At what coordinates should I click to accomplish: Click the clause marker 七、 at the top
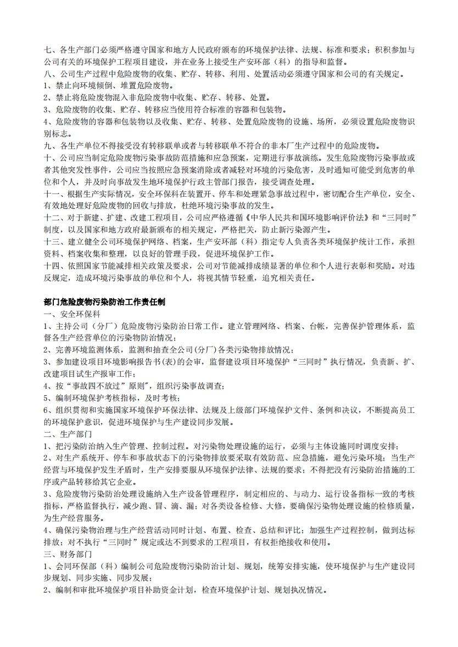[51, 50]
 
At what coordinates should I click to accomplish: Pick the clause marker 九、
[51, 146]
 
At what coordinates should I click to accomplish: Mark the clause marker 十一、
[54, 194]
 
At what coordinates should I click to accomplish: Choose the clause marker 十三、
[54, 242]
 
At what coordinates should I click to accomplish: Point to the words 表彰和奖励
[364, 266]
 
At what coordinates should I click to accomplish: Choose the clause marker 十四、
[54, 266]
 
